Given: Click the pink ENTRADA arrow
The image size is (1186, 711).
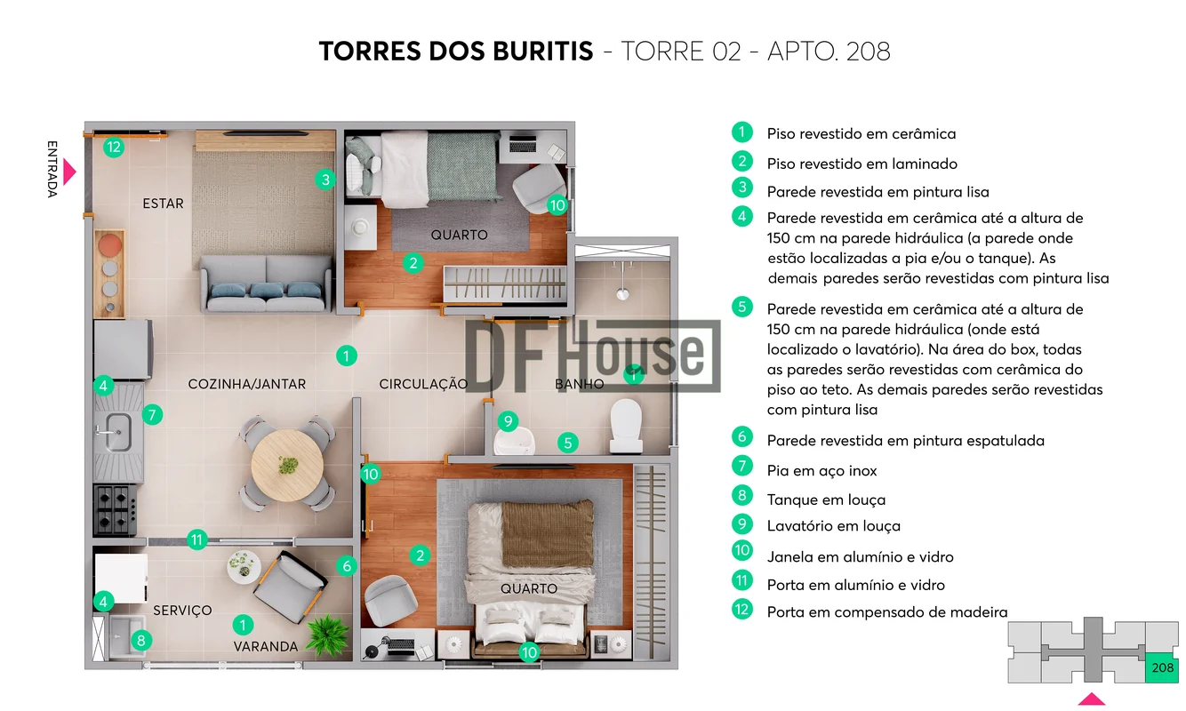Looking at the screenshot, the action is click(x=68, y=172).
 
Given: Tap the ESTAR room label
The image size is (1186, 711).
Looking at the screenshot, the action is click(x=163, y=204).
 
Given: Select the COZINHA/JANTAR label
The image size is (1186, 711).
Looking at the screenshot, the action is click(x=247, y=384).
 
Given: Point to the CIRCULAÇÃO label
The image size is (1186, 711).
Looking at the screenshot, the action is click(x=423, y=384).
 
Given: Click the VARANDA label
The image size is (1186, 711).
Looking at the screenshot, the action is click(x=266, y=646).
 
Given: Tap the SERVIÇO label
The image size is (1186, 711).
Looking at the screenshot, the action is click(x=182, y=611).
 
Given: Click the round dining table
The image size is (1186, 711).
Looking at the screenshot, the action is click(x=287, y=465).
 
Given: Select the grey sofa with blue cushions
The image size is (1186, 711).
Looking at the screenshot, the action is click(x=266, y=284).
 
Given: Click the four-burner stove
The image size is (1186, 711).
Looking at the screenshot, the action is click(x=116, y=510).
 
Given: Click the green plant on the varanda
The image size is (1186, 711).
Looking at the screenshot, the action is click(x=328, y=635).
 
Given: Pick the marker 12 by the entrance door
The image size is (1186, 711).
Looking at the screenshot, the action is click(x=114, y=147).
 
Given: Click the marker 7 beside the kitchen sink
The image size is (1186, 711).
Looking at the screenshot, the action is click(x=153, y=414).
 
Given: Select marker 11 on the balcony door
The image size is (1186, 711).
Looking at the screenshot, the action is click(x=197, y=539).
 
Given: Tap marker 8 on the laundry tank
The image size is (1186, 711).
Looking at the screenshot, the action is click(x=140, y=641).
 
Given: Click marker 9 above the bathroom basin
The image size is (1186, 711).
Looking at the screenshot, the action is click(x=509, y=421).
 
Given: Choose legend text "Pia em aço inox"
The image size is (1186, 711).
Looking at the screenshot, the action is click(x=821, y=471).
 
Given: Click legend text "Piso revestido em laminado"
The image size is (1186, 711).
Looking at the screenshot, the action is click(x=862, y=164).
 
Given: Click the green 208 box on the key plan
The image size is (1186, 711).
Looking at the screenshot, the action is click(x=1162, y=667).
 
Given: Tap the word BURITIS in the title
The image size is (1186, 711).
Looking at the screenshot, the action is click(x=542, y=52).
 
